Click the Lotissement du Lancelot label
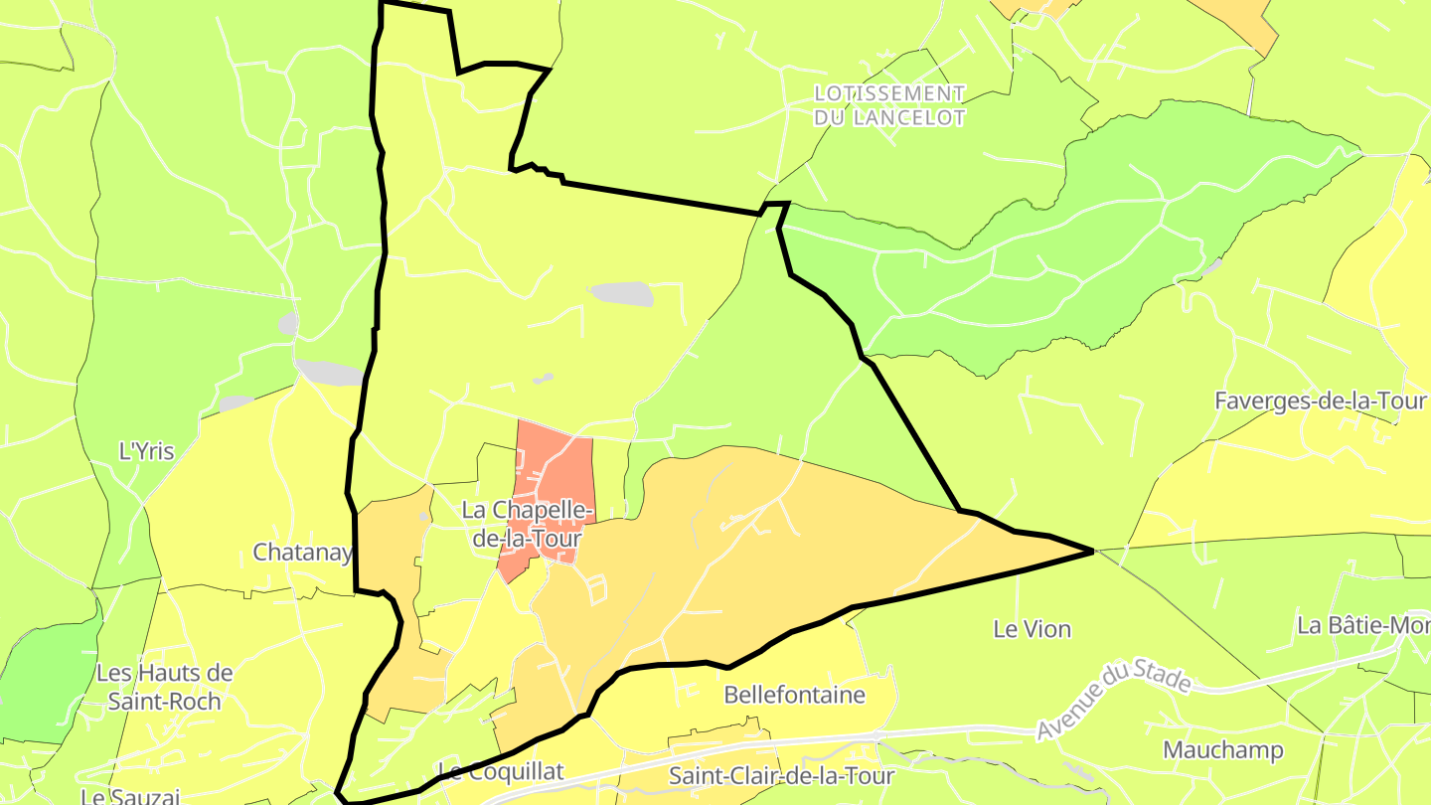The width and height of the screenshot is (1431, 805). (889, 105)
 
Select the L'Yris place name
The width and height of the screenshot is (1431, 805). (146, 451)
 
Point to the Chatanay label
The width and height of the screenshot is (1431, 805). (302, 552)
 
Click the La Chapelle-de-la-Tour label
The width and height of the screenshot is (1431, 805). (527, 523)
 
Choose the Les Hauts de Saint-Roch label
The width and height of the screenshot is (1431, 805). (164, 686)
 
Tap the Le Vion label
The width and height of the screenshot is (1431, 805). (1033, 629)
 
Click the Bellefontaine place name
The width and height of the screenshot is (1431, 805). (794, 694)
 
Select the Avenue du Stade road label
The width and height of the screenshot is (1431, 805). (1113, 700)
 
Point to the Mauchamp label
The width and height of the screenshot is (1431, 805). (1222, 749)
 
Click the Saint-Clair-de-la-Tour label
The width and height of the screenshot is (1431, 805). (782, 775)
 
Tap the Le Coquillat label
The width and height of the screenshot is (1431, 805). (500, 771)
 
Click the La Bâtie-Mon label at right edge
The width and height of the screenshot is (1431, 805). (1363, 626)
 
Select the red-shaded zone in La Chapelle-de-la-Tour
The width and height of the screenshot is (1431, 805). (556, 467)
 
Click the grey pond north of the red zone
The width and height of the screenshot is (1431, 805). (622, 294)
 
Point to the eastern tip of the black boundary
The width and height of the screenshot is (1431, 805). (1093, 550)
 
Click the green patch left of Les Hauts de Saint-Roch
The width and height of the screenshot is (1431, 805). (45, 686)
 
